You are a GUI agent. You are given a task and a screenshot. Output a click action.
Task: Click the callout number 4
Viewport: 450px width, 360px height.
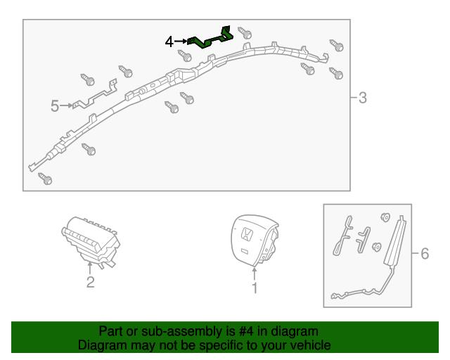pos(169,42)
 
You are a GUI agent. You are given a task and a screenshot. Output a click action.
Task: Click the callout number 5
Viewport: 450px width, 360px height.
pos(55,106)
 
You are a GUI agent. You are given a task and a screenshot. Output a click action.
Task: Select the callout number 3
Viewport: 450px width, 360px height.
pos(363,98)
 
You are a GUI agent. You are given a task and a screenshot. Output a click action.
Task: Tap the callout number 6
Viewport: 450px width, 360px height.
pos(425,254)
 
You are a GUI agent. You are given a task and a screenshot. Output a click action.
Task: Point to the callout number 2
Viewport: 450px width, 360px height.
pos(91,282)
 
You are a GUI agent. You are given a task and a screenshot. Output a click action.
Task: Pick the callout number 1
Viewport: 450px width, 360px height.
pos(255,288)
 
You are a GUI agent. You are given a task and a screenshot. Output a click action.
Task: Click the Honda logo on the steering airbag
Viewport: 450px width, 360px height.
pos(247,233)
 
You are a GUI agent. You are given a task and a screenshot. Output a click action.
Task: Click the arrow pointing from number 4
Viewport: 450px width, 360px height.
pos(181,41)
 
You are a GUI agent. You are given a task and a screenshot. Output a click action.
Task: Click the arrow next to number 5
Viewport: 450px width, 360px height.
pos(66,105)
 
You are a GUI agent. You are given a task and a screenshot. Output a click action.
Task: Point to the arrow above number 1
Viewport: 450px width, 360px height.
pos(255,274)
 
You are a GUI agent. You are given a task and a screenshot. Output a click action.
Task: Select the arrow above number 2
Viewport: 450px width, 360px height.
pos(90,268)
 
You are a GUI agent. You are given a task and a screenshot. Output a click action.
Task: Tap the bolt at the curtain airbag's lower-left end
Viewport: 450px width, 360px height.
pos(45,179)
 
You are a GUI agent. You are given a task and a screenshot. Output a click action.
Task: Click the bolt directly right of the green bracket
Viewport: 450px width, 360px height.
pos(245,33)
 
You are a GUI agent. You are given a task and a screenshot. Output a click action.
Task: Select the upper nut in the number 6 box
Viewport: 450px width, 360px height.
pos(385,217)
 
